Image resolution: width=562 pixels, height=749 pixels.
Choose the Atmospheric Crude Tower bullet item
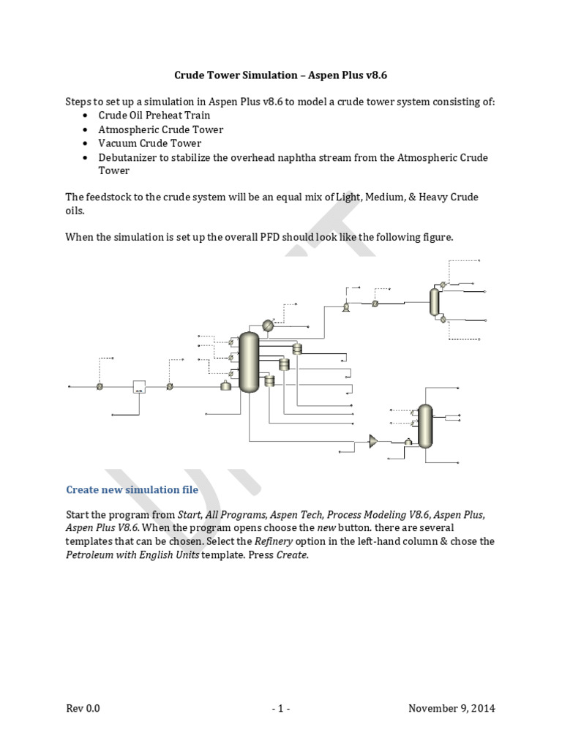[x=160, y=129]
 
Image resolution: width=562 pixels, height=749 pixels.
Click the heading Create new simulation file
[x=132, y=489]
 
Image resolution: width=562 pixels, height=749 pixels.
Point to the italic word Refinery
[x=272, y=541]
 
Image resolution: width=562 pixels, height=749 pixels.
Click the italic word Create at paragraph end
[x=293, y=555]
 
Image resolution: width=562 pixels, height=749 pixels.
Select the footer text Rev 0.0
[x=83, y=708]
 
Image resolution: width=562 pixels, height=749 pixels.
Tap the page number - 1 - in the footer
[x=281, y=708]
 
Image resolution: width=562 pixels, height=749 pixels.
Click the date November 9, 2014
[x=452, y=708]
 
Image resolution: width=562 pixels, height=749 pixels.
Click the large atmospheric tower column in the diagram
[x=250, y=361]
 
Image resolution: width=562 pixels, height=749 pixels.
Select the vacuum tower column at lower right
[x=425, y=426]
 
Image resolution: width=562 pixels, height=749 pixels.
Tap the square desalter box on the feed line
[x=139, y=386]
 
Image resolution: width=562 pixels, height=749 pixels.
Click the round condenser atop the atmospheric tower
[x=268, y=326]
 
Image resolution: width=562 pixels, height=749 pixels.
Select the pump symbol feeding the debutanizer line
[x=345, y=308]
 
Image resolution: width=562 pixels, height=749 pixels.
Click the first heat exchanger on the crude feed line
[x=100, y=386]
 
